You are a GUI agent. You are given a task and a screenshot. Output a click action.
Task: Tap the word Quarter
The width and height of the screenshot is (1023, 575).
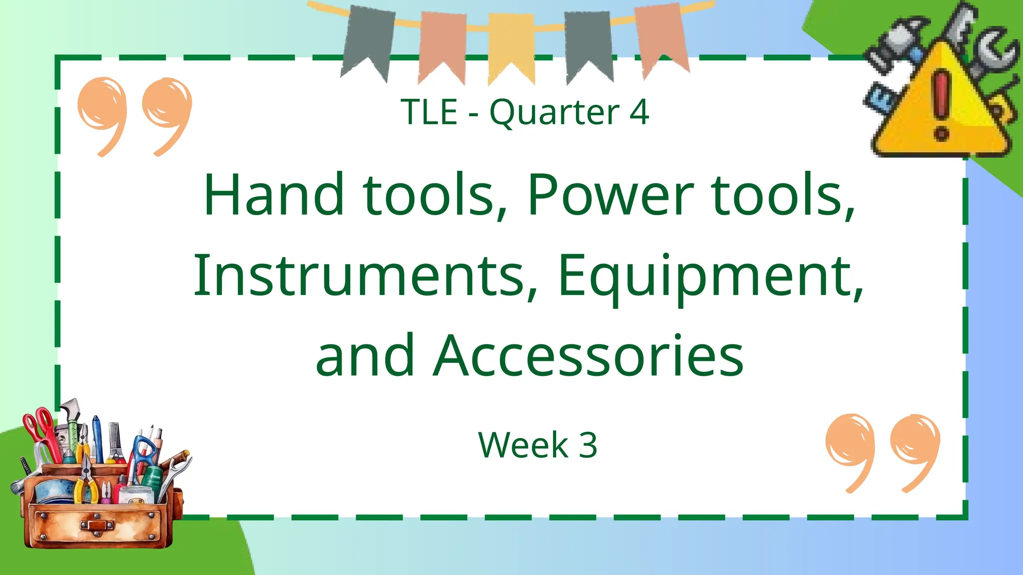[x=554, y=113]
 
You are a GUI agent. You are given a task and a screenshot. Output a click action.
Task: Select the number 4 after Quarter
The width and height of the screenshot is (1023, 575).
[x=639, y=112]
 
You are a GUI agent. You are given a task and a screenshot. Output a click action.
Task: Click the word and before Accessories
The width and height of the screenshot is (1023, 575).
[x=365, y=355]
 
